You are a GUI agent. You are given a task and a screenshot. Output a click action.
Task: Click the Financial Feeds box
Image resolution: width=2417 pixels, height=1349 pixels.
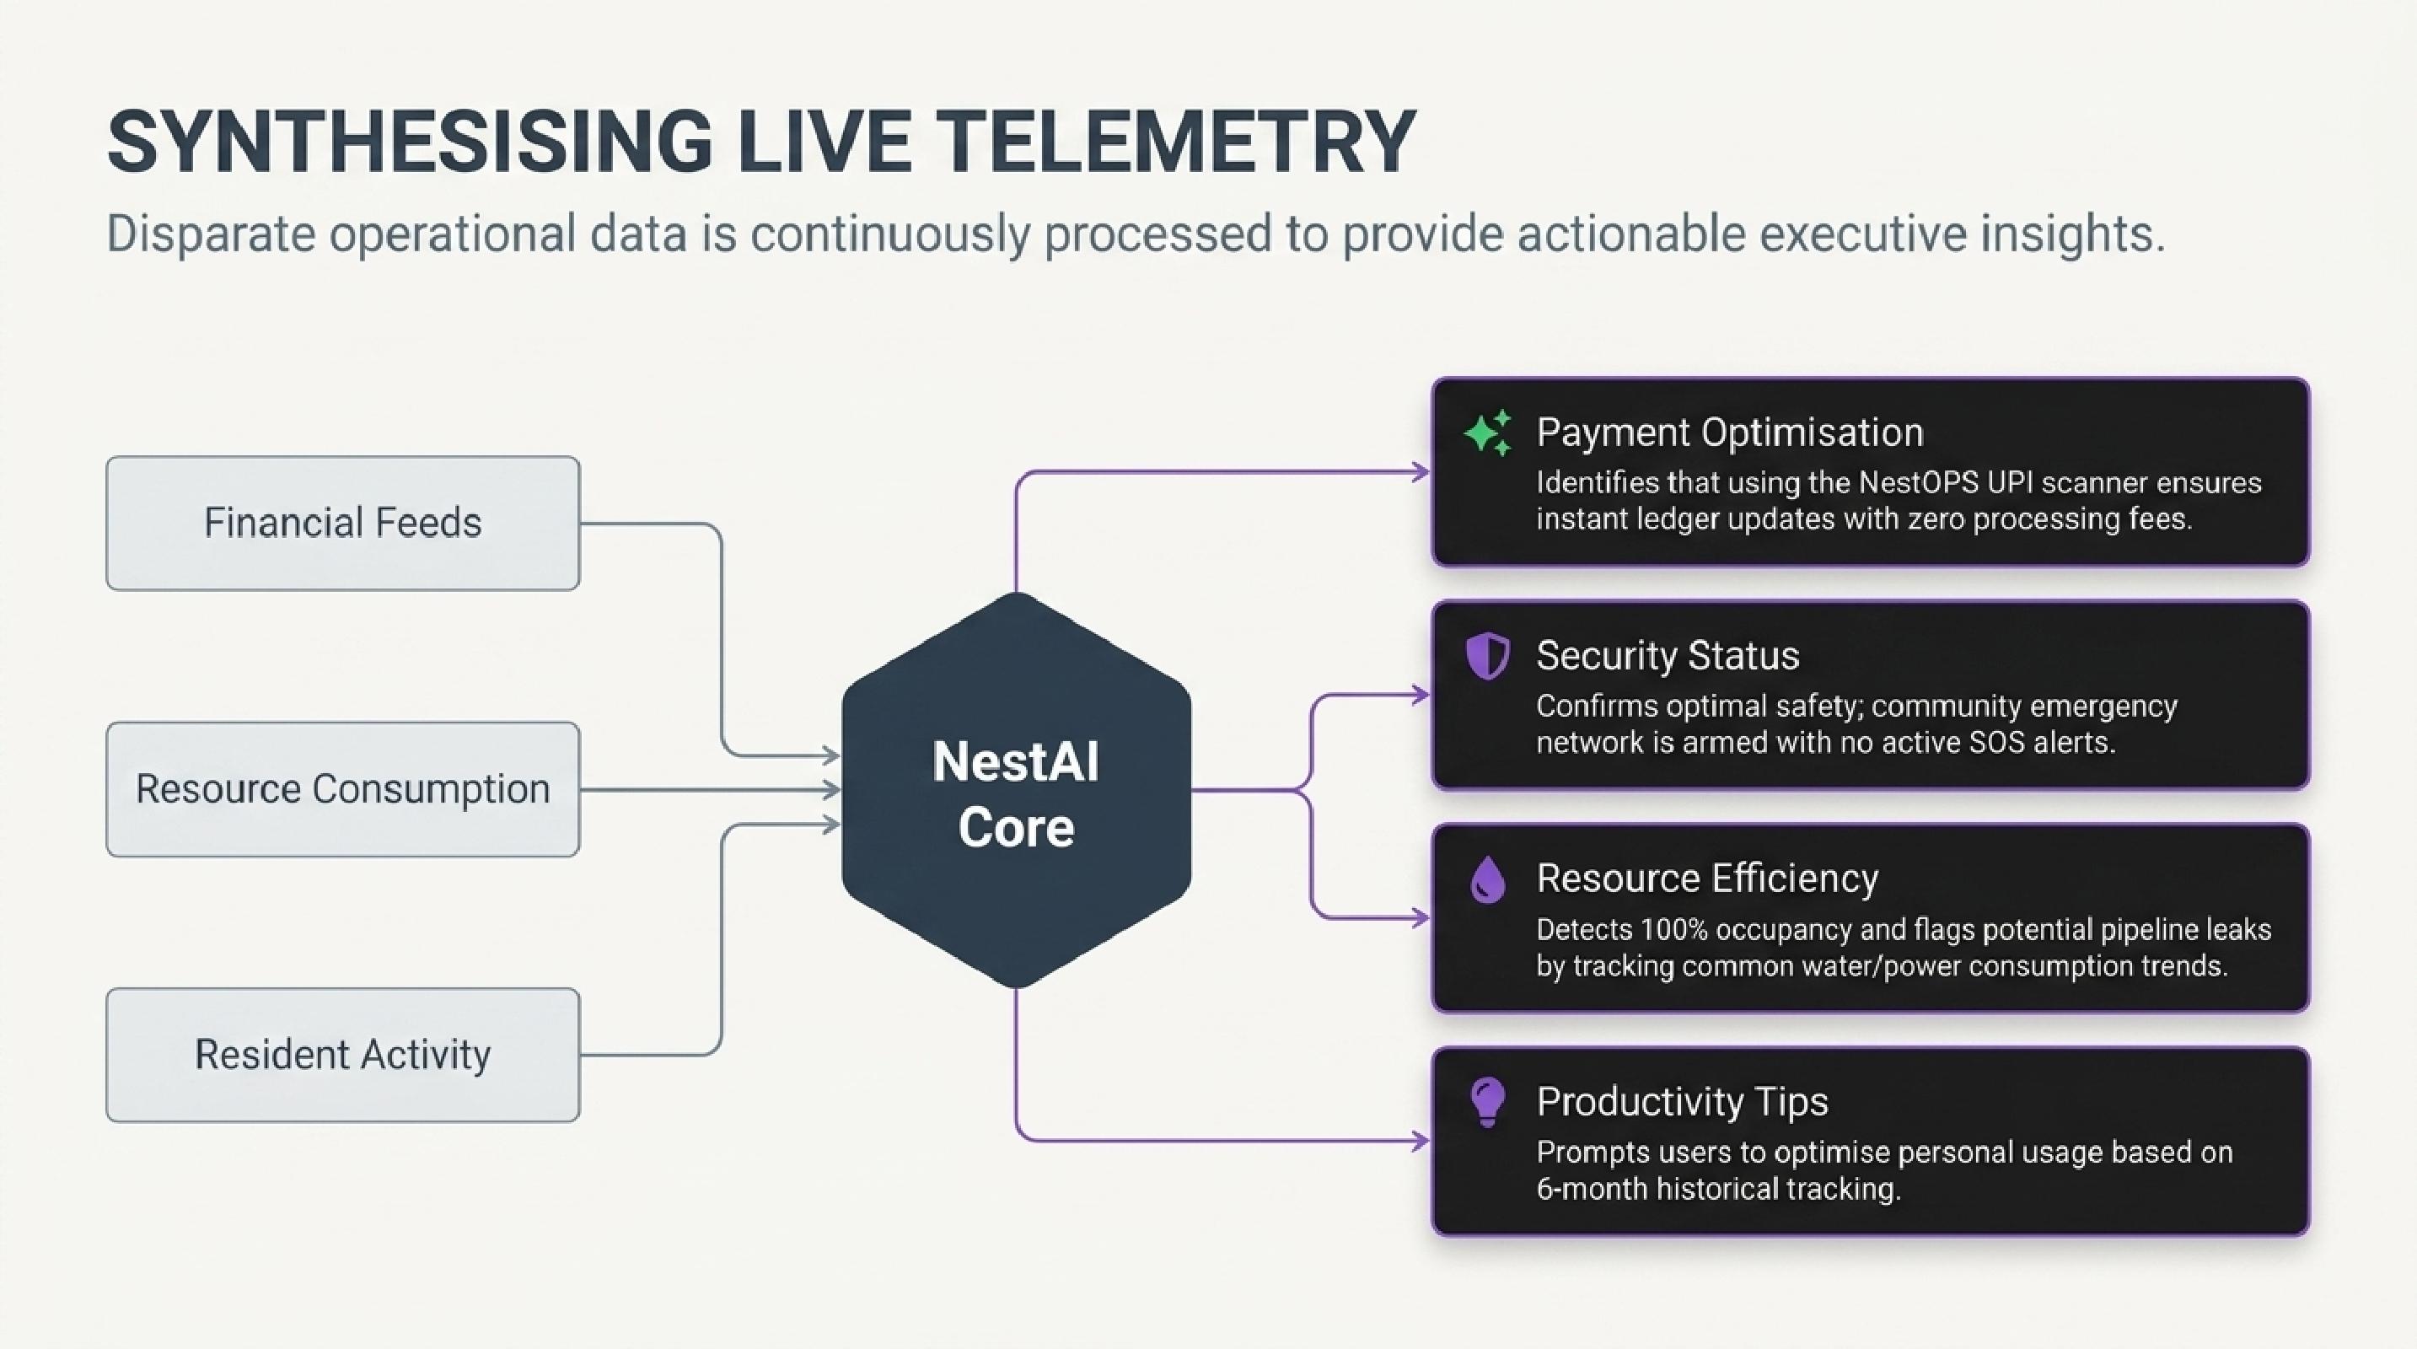coord(342,524)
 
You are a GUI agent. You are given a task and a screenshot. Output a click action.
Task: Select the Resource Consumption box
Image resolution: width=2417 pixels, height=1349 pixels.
coord(342,789)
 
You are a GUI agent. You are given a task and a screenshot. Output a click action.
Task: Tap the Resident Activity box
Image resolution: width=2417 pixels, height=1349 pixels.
coord(342,1056)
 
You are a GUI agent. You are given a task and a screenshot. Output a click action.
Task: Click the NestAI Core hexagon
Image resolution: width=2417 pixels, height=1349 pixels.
coord(1016,791)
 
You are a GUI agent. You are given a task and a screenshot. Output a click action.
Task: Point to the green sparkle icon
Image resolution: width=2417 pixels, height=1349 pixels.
coord(1488,433)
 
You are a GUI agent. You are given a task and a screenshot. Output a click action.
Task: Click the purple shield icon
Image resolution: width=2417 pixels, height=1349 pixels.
coord(1488,655)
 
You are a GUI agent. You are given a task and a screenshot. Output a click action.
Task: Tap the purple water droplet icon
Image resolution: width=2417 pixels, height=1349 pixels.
coord(1488,879)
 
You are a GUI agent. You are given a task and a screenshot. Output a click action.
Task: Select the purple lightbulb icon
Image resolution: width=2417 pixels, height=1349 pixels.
coord(1488,1102)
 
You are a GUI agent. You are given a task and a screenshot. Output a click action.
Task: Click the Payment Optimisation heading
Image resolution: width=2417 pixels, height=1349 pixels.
coord(1729,433)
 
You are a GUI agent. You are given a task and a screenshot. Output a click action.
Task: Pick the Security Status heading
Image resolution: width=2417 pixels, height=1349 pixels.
coord(1668,656)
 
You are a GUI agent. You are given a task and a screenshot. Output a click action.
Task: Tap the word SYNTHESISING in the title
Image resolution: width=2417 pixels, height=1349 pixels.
coord(410,142)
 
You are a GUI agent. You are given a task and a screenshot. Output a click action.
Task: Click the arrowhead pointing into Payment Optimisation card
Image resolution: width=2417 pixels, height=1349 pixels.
coord(1421,473)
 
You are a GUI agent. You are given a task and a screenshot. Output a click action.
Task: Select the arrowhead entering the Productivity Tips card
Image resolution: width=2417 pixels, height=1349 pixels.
coord(1421,1142)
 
